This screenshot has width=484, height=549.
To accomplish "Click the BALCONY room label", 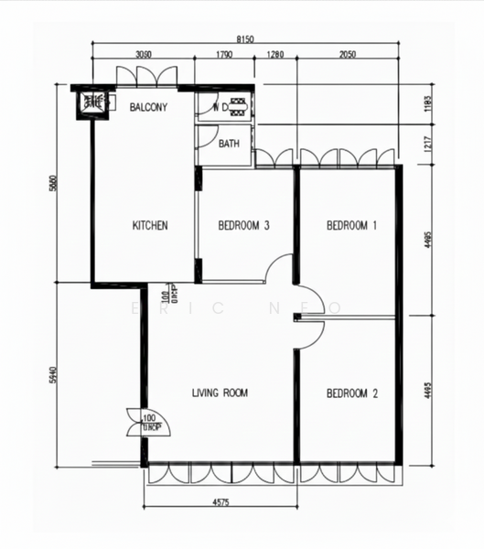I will point(148,107).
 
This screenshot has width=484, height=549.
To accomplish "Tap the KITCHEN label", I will point(150,225).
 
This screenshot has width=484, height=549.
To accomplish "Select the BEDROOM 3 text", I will point(243,225).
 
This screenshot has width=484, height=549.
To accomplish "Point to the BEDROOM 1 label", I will point(352,225).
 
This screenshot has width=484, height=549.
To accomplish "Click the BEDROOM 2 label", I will point(352,393).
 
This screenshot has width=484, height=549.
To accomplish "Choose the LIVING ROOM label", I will point(220,393).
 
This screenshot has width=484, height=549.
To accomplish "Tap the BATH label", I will point(229,144).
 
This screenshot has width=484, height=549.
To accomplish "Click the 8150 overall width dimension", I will point(244,39).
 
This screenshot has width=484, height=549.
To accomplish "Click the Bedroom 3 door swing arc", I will point(278,269).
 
